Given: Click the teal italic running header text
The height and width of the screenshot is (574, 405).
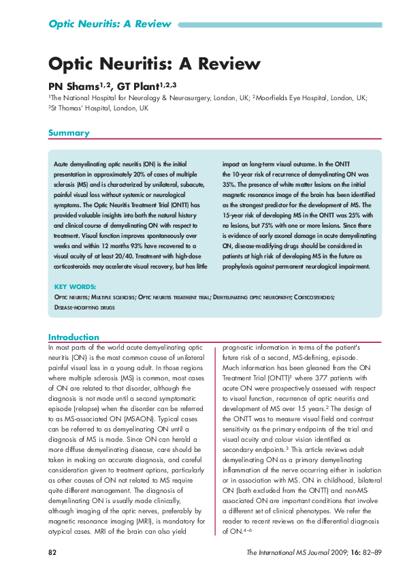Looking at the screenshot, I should [x=109, y=24].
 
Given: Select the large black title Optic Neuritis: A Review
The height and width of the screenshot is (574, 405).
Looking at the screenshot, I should [x=154, y=64].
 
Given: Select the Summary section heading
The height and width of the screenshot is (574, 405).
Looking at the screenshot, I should [x=68, y=134].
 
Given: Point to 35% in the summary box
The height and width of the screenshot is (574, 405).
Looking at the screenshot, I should [x=230, y=184].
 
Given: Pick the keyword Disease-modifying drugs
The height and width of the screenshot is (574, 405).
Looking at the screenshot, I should [x=84, y=308].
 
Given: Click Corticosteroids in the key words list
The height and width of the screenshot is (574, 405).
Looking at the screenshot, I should [x=314, y=298].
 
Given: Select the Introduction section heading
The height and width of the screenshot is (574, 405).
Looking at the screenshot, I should [x=74, y=337].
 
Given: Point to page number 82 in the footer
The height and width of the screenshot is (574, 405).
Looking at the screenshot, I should [x=52, y=552].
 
